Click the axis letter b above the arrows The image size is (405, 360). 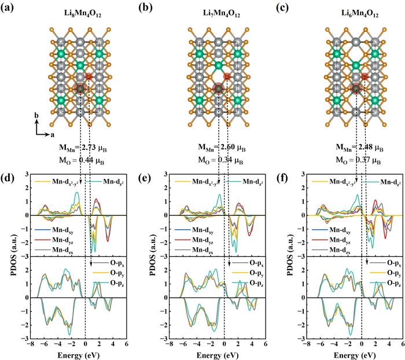coord(36,116)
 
